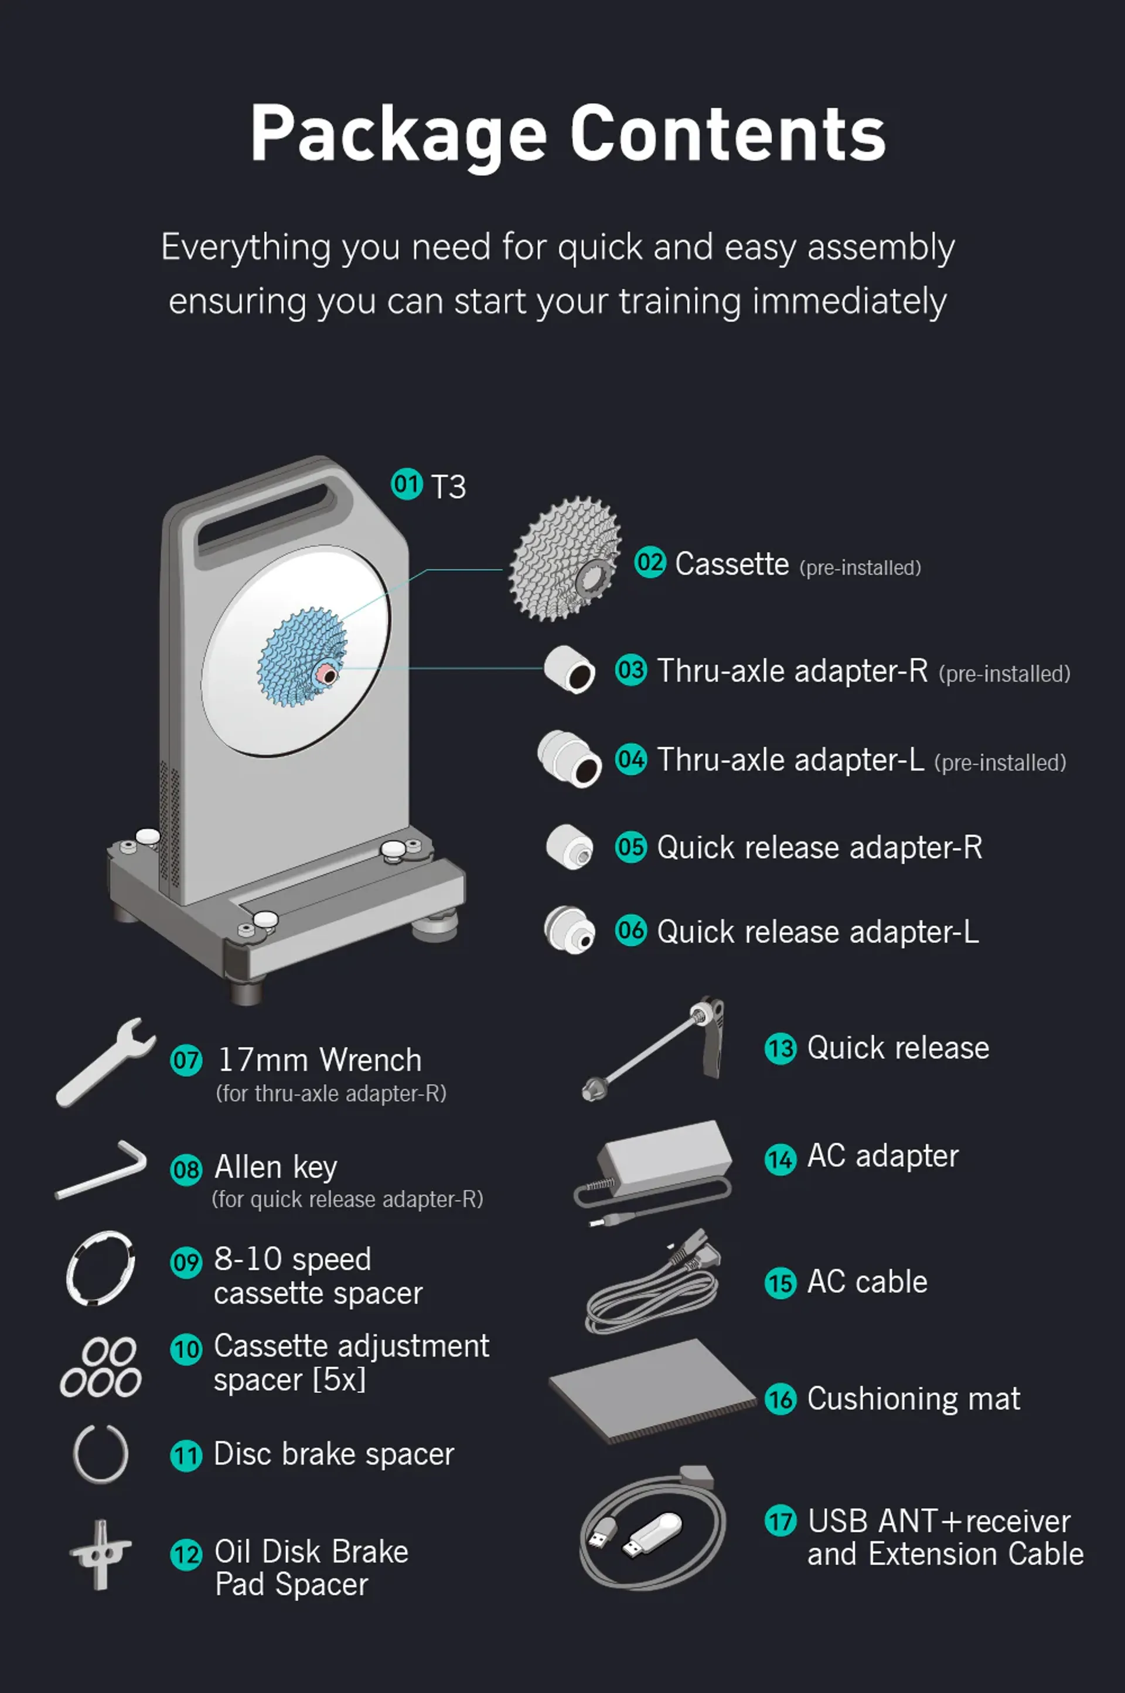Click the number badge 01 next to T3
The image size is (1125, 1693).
[x=407, y=484]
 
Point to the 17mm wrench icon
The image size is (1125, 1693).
[x=104, y=1062]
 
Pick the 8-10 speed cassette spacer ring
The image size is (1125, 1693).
[x=100, y=1268]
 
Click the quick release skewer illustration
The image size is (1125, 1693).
[x=653, y=1049]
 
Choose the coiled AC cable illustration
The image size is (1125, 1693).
[x=653, y=1284]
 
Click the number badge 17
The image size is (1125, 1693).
[x=780, y=1521]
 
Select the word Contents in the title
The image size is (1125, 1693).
[x=728, y=134]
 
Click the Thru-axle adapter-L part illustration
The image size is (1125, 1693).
[x=570, y=759]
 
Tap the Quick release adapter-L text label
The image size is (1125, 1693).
[x=818, y=932]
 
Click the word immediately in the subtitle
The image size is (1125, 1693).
[x=850, y=301]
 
